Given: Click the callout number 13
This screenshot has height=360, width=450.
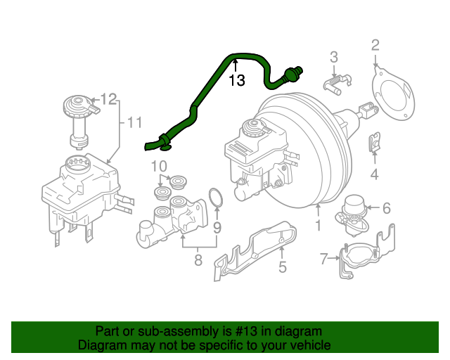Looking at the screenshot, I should tap(237, 81).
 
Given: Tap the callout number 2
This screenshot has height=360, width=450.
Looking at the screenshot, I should tap(375, 46).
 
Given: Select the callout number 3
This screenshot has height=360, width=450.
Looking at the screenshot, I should tap(334, 58).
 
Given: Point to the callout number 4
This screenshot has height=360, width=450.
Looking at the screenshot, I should tap(375, 174).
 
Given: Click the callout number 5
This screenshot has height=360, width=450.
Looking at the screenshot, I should tap(282, 266).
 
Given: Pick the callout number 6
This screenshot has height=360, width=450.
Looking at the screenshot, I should tap(385, 207).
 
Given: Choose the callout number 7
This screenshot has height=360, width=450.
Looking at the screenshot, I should tap(324, 259).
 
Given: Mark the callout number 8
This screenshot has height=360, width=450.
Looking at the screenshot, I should tap(198, 260).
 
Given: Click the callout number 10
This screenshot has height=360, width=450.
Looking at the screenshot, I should tap(159, 167).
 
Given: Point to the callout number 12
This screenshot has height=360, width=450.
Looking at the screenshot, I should tap(108, 98).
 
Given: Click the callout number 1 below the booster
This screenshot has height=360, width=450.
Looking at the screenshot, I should tap(318, 226).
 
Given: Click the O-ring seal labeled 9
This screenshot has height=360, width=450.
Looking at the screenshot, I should tap(217, 198).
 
